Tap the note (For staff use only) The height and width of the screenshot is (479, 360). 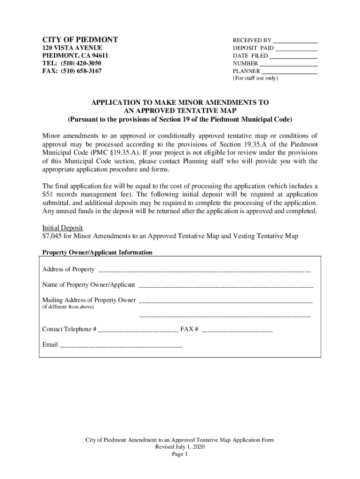[x=255, y=79]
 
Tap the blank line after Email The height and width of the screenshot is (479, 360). [x=121, y=346]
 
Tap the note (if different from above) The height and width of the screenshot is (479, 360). [x=68, y=307]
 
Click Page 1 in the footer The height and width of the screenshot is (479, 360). [x=180, y=454]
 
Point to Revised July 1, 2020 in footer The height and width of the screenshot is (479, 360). [x=180, y=447]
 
